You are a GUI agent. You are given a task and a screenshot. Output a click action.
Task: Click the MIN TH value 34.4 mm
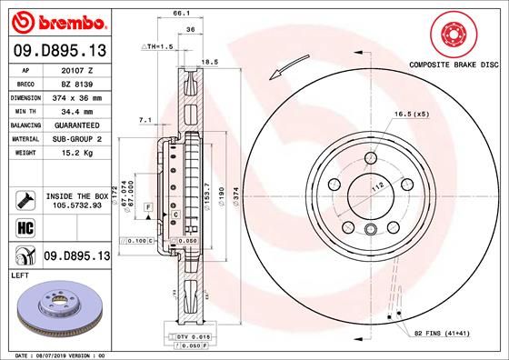click(77, 110)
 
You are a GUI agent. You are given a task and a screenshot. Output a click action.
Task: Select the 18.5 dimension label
click(208, 62)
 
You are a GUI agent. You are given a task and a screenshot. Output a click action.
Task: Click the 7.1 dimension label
click(145, 119)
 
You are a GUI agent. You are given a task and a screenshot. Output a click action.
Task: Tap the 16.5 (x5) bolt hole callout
click(411, 115)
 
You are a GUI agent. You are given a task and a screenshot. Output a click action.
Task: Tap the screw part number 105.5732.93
click(77, 205)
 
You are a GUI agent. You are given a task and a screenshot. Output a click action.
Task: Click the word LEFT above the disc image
click(19, 274)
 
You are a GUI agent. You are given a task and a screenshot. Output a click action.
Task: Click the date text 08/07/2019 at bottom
click(57, 355)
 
